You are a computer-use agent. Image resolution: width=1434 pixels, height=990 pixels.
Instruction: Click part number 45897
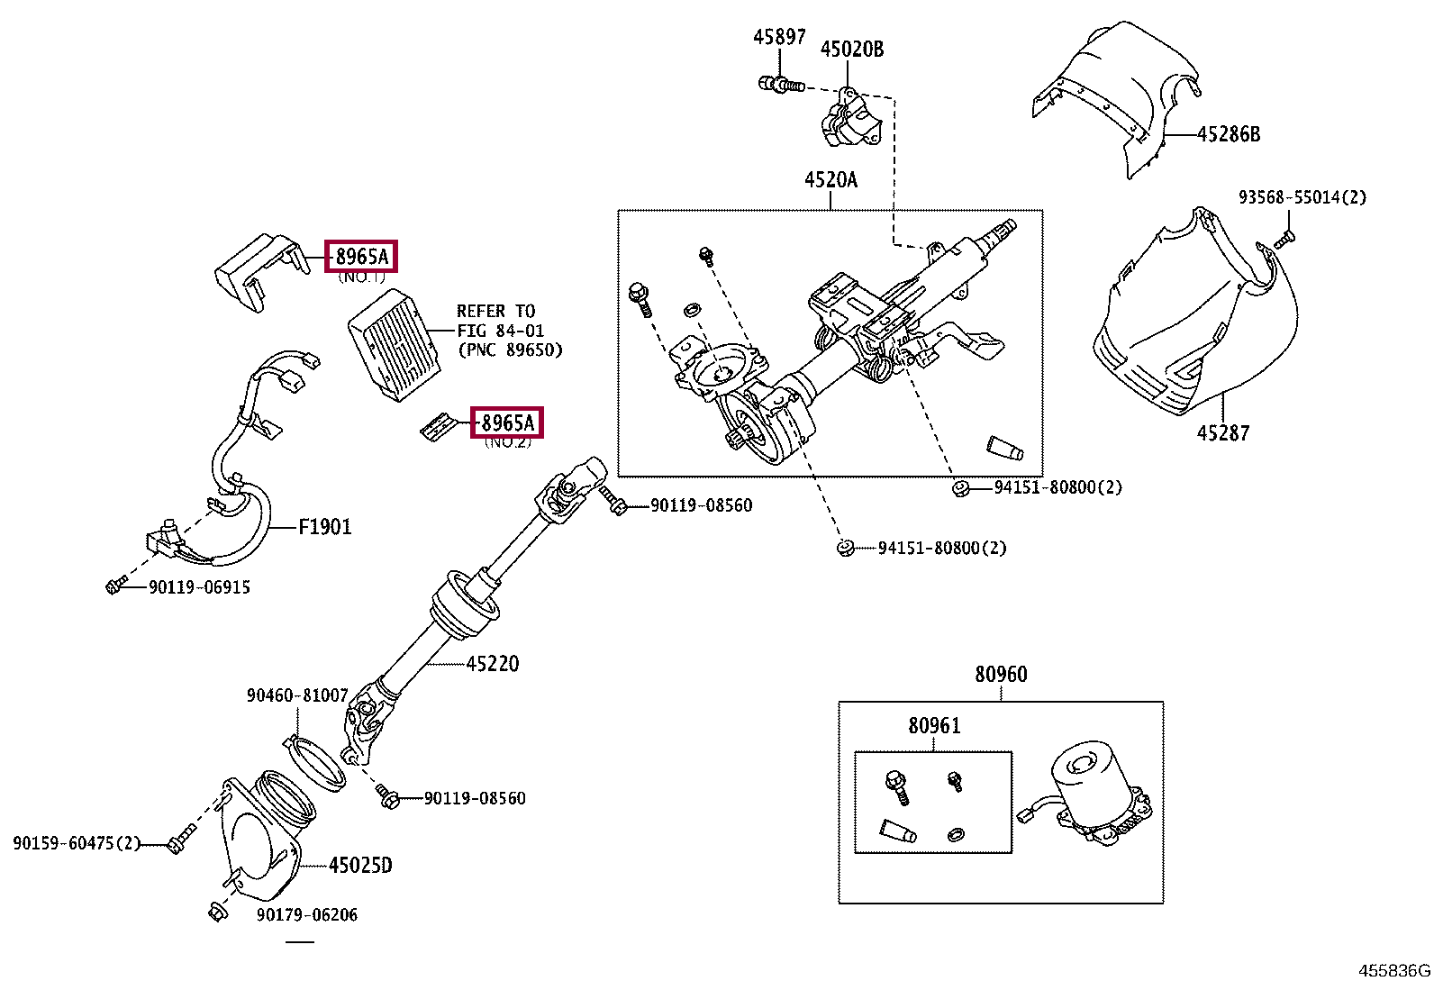pos(779,36)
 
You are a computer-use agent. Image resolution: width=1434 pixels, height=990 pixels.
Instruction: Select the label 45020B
pos(851,50)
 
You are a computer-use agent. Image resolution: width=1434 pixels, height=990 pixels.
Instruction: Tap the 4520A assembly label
pos(830,180)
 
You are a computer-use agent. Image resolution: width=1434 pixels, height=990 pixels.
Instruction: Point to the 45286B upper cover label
pos(1228,135)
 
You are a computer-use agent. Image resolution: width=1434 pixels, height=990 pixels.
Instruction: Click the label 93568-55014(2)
pos(1302,197)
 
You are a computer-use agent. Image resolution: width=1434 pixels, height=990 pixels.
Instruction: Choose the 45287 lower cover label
pos(1222,433)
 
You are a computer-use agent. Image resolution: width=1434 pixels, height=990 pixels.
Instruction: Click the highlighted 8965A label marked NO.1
pos(361,257)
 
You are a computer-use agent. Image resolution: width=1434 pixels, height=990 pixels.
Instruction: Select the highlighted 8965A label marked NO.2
pos(506,422)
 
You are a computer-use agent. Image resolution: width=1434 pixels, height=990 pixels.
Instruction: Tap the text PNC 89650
pos(510,350)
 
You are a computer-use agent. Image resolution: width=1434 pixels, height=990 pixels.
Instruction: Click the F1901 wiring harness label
pos(324,527)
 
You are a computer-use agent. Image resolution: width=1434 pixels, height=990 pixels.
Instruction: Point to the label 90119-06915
pos(199,587)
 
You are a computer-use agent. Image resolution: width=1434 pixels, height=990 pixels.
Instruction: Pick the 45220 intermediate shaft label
pos(493,664)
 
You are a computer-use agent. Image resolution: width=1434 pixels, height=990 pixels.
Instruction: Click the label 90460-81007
pos(297,695)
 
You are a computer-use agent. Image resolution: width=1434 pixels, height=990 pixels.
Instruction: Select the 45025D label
pos(360,866)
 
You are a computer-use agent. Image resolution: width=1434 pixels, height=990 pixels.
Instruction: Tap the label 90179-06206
pos(306,915)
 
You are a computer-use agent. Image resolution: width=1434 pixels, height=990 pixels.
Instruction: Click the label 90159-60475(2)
pos(77,843)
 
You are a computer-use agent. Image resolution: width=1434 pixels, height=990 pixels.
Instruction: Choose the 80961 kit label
pos(933,726)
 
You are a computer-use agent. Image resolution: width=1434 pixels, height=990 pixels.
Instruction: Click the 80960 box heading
pos(1000,675)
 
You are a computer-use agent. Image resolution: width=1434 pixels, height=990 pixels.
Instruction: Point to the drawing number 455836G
pos(1393,971)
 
